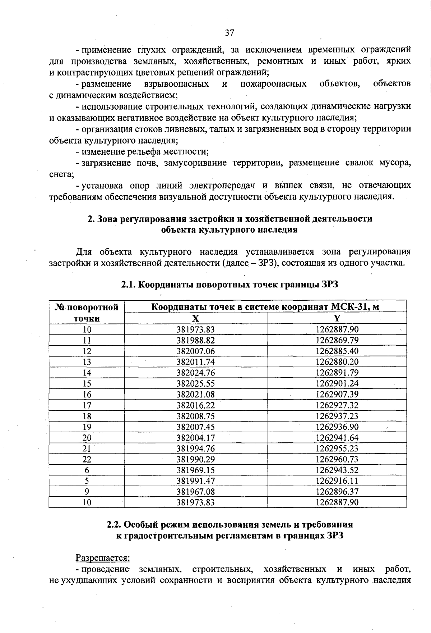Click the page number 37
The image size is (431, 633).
click(230, 33)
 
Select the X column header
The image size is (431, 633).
click(195, 318)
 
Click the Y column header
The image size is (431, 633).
click(337, 318)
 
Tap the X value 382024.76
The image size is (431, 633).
click(195, 373)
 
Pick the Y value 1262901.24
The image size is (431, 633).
click(337, 383)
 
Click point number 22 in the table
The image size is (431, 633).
click(87, 459)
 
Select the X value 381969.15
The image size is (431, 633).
click(195, 470)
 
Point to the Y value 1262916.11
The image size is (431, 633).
click(337, 481)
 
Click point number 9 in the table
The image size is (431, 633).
click(87, 492)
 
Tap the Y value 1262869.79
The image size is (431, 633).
click(337, 340)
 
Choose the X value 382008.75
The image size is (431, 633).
click(195, 416)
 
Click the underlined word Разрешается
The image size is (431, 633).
click(102, 558)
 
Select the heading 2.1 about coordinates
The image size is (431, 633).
click(230, 285)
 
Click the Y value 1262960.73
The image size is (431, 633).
click(337, 459)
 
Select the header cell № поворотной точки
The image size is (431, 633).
click(87, 313)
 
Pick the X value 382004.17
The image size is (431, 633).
click(195, 438)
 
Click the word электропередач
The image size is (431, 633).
click(222, 186)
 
